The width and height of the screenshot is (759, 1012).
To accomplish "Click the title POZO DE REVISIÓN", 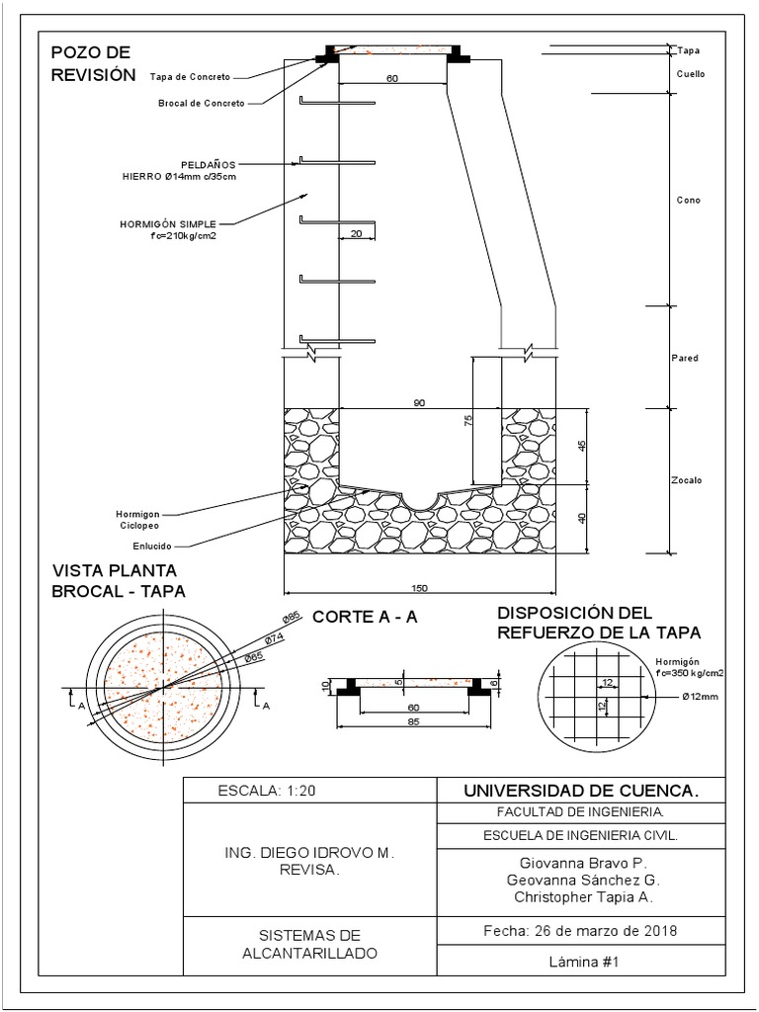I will tap(91, 62).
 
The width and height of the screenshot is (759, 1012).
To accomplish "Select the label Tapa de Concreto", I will tap(190, 76).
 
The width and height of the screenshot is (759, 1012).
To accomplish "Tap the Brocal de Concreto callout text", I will tap(194, 102).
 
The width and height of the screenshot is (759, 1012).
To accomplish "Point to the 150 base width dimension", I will tap(419, 589).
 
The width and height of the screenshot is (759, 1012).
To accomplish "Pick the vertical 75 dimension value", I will tap(468, 420).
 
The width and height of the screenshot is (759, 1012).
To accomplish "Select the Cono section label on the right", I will tap(688, 201).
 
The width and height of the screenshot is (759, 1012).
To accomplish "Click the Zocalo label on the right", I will tap(689, 480).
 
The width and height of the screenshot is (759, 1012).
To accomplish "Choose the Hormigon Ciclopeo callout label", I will tap(137, 520).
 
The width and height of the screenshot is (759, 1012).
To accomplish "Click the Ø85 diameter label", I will tap(291, 618).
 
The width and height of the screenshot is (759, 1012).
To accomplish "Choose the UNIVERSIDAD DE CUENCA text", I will tap(581, 791).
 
